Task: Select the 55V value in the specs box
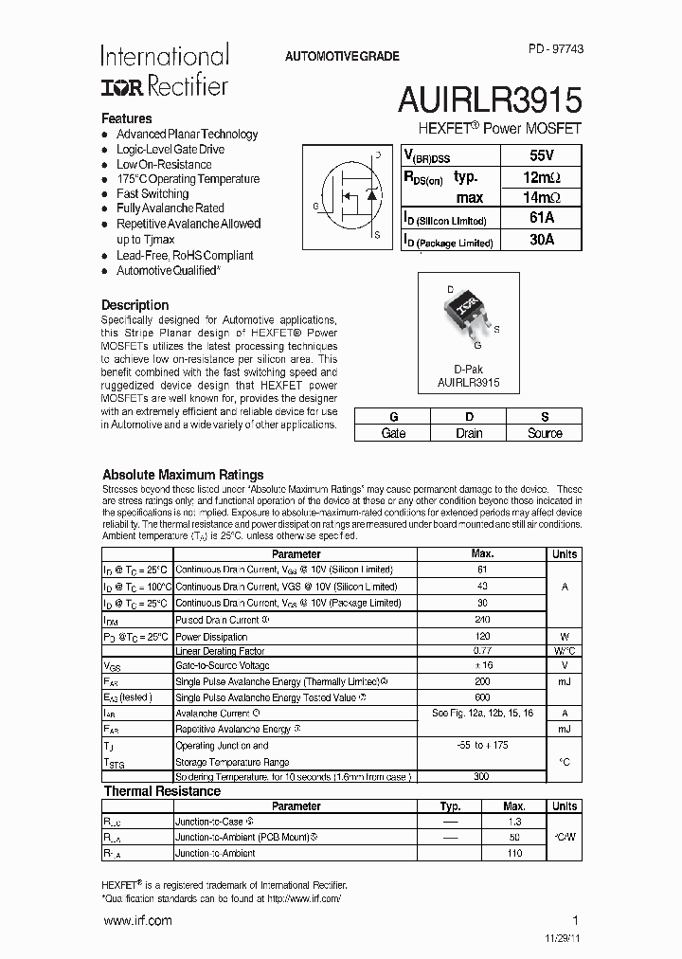pos(541,155)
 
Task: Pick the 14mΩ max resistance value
pos(541,198)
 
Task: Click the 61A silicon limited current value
pos(541,219)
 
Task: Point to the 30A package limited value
pos(541,241)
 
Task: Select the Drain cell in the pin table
pos(468,433)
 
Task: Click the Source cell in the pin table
pos(544,433)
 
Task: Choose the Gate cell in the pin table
pos(392,433)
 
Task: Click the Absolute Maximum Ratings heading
pos(183,475)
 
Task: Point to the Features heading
pos(127,118)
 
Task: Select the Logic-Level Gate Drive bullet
pos(170,149)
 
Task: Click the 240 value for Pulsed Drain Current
pos(482,620)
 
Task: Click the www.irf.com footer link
pos(136,920)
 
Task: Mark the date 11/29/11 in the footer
pos(557,938)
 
